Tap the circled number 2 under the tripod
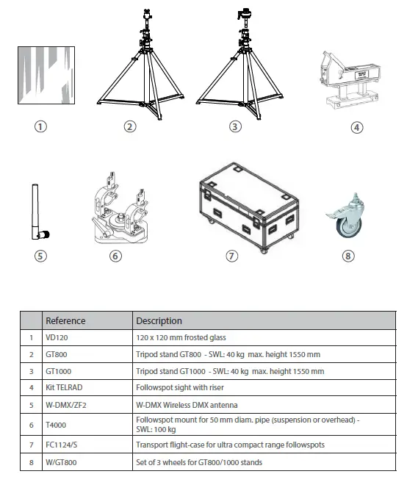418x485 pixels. coord(130,126)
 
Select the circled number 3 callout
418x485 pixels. coord(235,126)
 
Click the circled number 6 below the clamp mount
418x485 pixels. coord(115,256)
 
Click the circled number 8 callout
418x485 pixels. coord(348,256)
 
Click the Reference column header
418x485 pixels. coord(65,320)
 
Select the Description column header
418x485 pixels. coord(159,320)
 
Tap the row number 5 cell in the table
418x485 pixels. coord(30,405)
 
